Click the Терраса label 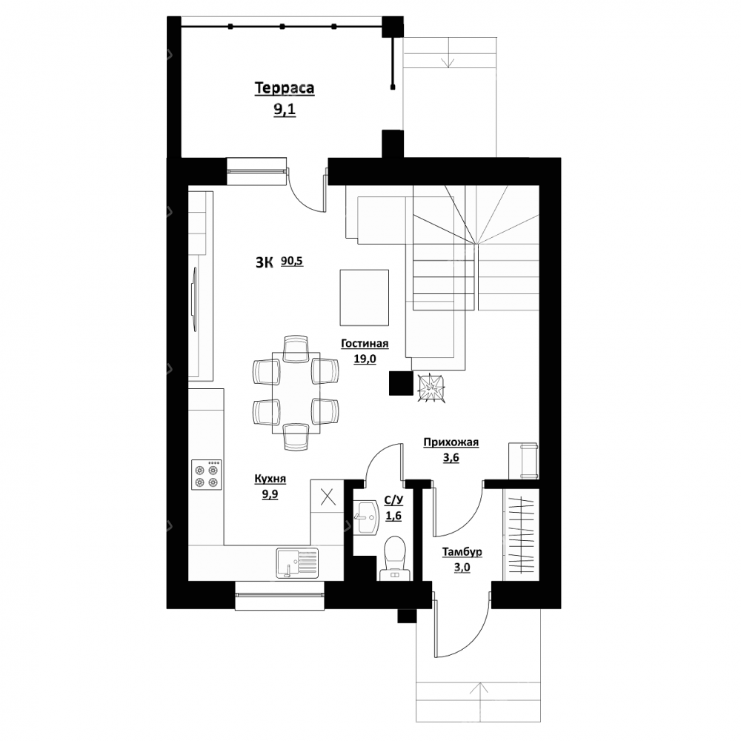pos(285,88)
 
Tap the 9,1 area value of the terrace pos(285,110)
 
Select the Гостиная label pos(365,344)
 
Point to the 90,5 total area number pos(292,261)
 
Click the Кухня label pos(270,479)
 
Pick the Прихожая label pos(451,442)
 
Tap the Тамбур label pos(462,552)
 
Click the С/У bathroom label pos(393,501)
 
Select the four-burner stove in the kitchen pos(207,475)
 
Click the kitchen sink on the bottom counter pos(297,562)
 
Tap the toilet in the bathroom pos(396,558)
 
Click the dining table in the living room pos(296,393)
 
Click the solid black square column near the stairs pos(401,383)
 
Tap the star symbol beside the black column pos(431,388)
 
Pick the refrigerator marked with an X pos(328,497)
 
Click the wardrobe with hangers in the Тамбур pos(521,534)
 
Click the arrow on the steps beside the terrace pos(448,53)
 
